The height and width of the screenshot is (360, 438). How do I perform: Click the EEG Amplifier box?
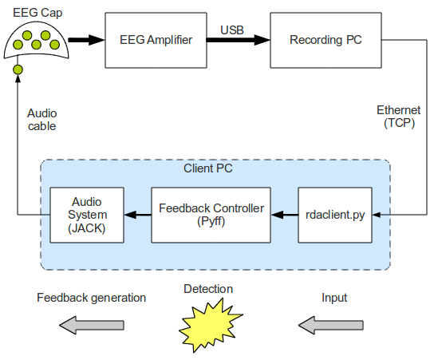[156, 41]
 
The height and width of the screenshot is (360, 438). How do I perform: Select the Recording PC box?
[325, 41]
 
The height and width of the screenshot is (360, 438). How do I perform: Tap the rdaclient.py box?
[335, 215]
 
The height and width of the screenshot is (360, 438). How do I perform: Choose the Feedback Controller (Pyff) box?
[211, 215]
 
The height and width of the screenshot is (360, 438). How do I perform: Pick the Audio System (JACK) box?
[88, 215]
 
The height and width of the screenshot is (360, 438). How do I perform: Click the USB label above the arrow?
[232, 30]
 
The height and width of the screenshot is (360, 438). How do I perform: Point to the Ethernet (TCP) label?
[399, 117]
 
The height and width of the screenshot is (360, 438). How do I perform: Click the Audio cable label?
[41, 120]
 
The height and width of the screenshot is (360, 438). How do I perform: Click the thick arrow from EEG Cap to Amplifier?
[86, 40]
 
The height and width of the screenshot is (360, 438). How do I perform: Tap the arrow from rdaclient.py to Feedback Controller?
[284, 215]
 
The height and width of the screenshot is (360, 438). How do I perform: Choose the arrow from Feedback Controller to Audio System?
[138, 215]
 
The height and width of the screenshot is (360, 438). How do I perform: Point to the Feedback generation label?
[92, 298]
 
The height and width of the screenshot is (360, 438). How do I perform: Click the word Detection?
[208, 289]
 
